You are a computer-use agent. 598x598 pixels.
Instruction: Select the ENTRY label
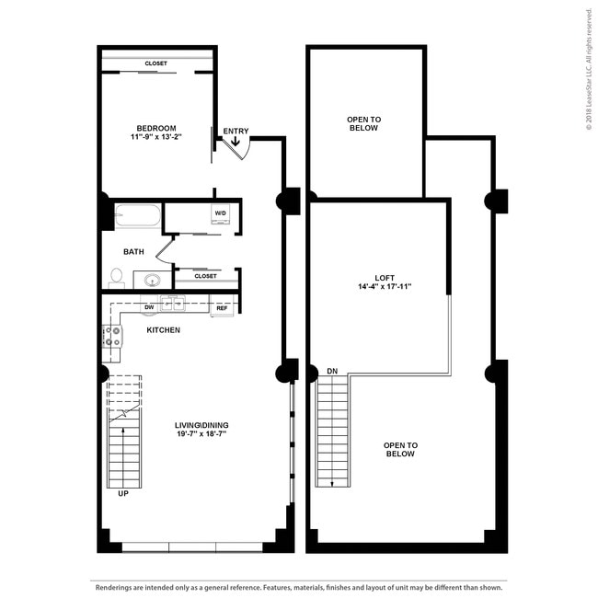click(236, 131)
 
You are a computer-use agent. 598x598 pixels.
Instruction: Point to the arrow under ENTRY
click(236, 142)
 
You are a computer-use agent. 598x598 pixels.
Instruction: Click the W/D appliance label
click(221, 213)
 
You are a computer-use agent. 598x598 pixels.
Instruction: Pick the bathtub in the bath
click(138, 217)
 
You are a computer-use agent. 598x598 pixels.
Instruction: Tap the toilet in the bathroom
click(117, 276)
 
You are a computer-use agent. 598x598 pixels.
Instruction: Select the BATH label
click(134, 251)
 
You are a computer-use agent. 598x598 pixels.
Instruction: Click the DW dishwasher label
click(148, 307)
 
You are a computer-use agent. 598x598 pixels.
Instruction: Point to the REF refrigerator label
click(222, 308)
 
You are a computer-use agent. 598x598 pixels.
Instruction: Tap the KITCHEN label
click(163, 329)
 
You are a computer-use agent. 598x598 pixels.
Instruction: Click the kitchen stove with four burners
click(112, 336)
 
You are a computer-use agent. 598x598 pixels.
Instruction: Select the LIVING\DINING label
click(201, 424)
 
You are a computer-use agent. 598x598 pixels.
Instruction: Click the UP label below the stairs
click(122, 493)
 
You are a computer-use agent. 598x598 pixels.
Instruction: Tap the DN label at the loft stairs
click(331, 372)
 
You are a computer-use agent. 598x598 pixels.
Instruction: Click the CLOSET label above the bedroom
click(156, 63)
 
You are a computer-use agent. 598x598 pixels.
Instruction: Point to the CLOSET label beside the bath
click(206, 275)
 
